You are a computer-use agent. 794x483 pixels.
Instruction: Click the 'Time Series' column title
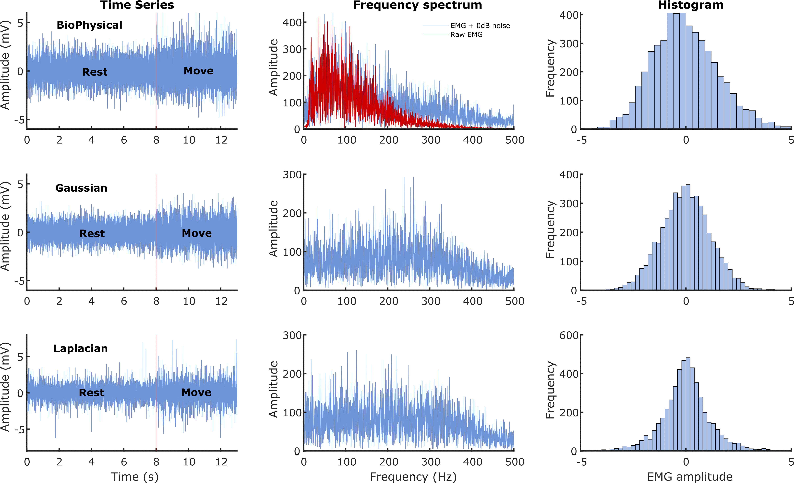(x=137, y=5)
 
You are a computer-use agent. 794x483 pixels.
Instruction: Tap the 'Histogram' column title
(x=691, y=5)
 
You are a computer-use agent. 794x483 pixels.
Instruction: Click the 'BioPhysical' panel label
(x=89, y=25)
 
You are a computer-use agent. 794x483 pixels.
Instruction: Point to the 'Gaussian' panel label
(x=81, y=188)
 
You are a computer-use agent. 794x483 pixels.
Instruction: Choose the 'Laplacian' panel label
(x=81, y=348)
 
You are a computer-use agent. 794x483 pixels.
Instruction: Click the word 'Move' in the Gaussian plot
(x=197, y=233)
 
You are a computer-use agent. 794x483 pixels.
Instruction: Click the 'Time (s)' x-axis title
(x=135, y=477)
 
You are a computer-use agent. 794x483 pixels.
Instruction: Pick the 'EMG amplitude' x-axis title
(x=690, y=477)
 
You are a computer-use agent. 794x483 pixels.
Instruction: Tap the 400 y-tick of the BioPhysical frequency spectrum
(x=292, y=23)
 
